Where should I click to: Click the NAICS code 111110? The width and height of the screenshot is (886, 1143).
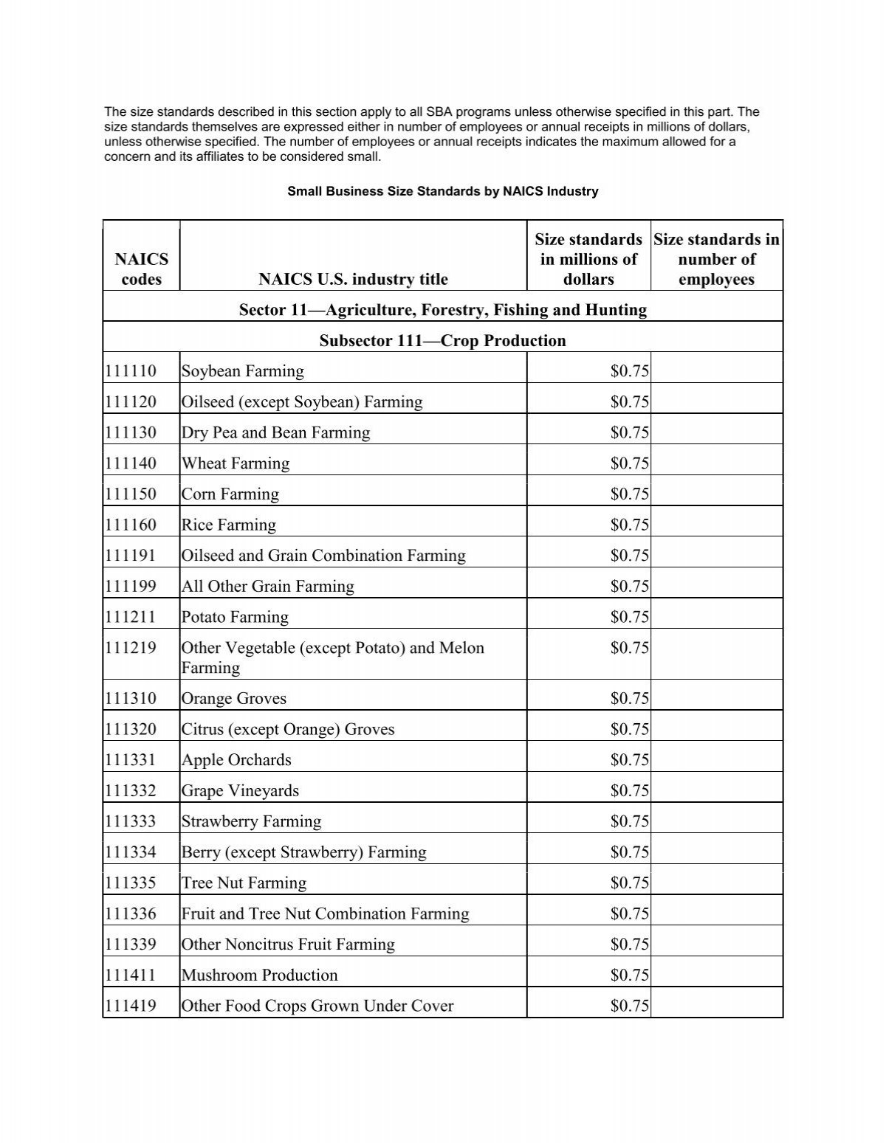131,371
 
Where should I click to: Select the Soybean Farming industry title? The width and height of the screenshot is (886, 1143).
243,371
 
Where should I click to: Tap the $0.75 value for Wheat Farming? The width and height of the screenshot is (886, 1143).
629,463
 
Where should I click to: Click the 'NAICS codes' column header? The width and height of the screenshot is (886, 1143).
141,269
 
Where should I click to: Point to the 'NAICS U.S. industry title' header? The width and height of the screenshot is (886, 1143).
353,279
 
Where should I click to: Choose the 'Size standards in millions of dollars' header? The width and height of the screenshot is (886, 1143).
588,259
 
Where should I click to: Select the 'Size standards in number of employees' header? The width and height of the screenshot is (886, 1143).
716,259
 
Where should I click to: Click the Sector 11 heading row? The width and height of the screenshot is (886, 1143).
442,310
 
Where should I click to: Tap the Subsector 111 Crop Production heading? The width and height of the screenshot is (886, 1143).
442,341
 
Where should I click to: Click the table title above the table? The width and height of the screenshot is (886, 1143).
442,191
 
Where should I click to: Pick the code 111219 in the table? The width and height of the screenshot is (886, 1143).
131,648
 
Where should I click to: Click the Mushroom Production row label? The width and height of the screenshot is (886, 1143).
259,975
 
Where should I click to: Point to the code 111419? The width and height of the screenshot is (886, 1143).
131,1006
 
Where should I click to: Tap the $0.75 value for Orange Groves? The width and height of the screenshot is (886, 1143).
629,699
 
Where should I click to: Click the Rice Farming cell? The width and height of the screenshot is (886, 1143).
229,525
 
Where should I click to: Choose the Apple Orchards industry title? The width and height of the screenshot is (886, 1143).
236,760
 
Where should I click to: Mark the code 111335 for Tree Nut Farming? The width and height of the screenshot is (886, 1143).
131,883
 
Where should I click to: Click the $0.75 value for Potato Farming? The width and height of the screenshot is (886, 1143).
629,617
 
